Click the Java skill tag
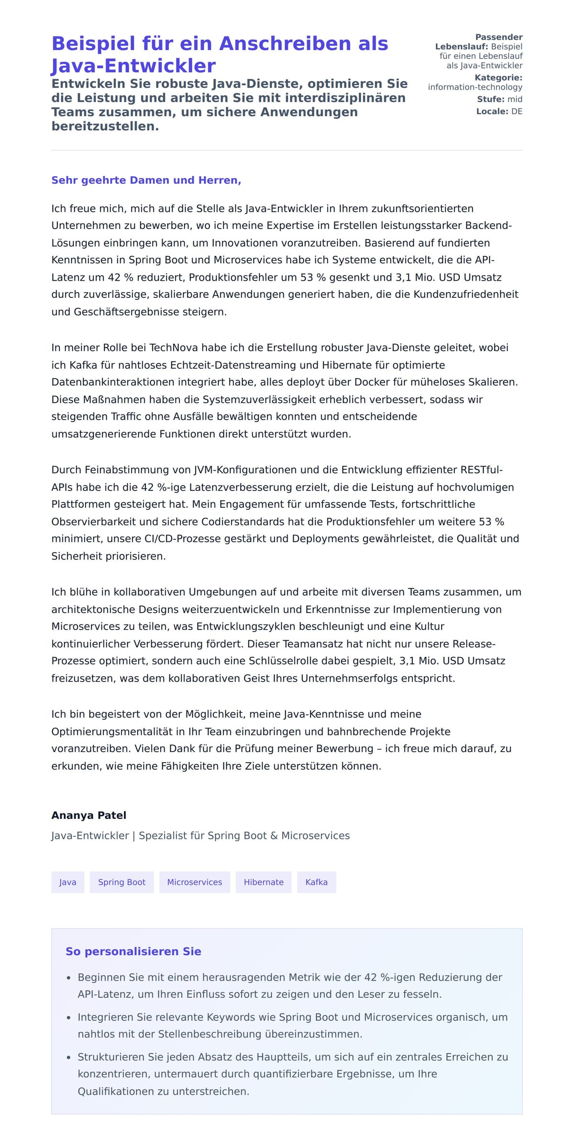(x=67, y=882)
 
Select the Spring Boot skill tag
(x=121, y=882)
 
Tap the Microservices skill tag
(x=194, y=882)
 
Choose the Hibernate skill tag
(x=264, y=882)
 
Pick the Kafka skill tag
(x=316, y=882)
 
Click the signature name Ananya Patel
(x=89, y=815)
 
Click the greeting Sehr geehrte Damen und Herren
(x=146, y=180)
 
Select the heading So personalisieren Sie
(x=133, y=951)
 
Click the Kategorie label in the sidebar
(x=498, y=77)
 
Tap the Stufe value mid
(x=515, y=99)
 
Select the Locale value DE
(x=517, y=111)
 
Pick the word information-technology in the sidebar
(x=475, y=87)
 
